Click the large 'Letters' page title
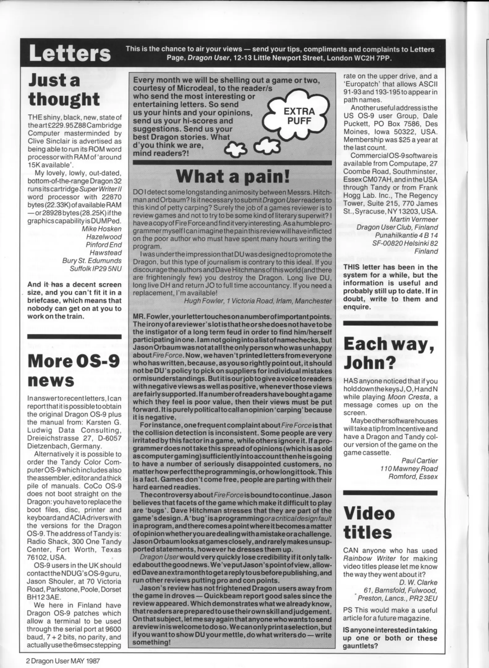70,53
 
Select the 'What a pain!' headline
233,176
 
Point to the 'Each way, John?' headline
389,353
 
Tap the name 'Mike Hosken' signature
101,229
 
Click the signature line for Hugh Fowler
258,301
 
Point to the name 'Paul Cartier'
419,460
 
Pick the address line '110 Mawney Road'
409,469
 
